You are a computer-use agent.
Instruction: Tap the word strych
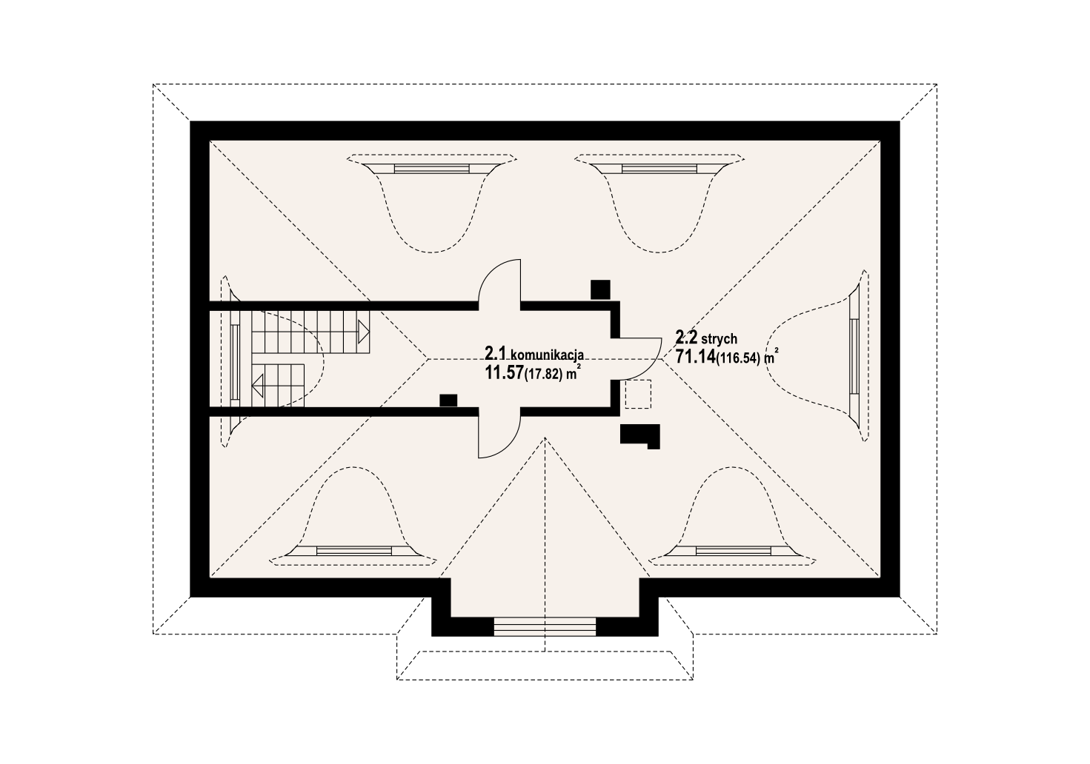(x=720, y=338)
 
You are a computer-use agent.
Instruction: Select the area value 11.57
(x=504, y=373)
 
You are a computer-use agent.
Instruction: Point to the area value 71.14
(x=695, y=357)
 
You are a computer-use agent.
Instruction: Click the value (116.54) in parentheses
(x=738, y=358)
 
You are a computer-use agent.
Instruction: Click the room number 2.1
(x=496, y=353)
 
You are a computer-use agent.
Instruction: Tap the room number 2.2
(x=687, y=336)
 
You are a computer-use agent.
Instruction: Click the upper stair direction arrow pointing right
(x=364, y=332)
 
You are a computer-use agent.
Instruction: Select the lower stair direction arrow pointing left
(x=257, y=386)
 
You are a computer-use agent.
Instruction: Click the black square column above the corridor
(x=600, y=289)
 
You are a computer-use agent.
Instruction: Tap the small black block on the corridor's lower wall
(x=448, y=400)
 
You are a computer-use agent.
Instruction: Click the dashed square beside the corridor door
(x=638, y=394)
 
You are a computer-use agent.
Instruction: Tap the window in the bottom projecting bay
(x=545, y=626)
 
